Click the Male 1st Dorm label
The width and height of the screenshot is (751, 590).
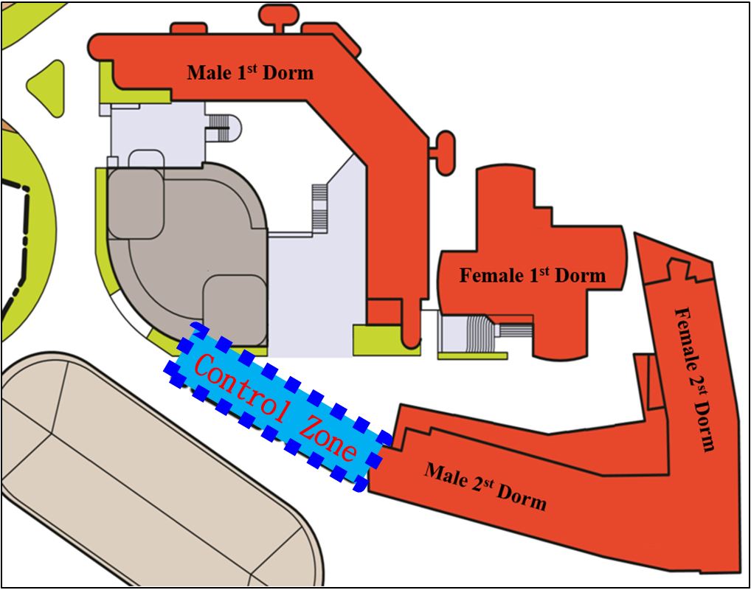pos(250,72)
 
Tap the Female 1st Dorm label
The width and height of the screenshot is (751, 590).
pos(533,275)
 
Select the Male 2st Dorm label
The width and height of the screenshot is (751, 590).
pos(485,486)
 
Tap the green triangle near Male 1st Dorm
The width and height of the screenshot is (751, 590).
pos(46,88)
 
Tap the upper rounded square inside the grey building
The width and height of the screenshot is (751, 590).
pos(136,204)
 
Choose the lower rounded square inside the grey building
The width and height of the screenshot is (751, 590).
pos(235,309)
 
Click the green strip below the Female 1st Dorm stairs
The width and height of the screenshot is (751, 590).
pos(473,355)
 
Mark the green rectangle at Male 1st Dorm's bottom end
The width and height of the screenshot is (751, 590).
pos(383,340)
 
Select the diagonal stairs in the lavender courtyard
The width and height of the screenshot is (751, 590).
pos(319,208)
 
